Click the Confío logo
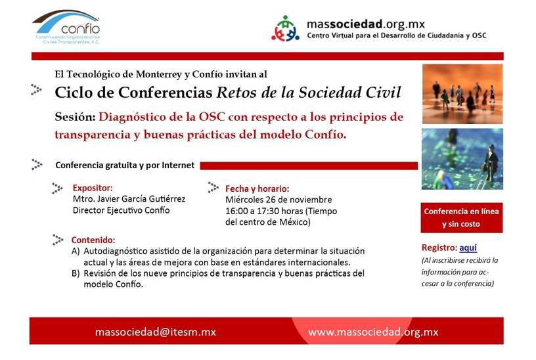tap(66, 27)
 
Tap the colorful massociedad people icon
tap(285, 28)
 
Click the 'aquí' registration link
tap(468, 248)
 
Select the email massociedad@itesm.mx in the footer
tap(156, 332)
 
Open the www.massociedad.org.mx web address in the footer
tap(373, 332)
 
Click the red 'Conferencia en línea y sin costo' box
tap(462, 218)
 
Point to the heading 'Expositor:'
tap(93, 188)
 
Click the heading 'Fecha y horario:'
tap(257, 189)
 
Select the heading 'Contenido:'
tap(93, 240)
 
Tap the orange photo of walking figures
tap(462, 94)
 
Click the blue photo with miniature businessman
tap(462, 159)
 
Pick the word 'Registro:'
tap(439, 248)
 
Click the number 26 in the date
tap(271, 200)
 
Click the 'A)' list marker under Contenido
tap(76, 252)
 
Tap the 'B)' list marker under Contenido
tap(76, 273)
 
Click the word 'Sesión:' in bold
tap(75, 117)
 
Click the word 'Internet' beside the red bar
tap(178, 165)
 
